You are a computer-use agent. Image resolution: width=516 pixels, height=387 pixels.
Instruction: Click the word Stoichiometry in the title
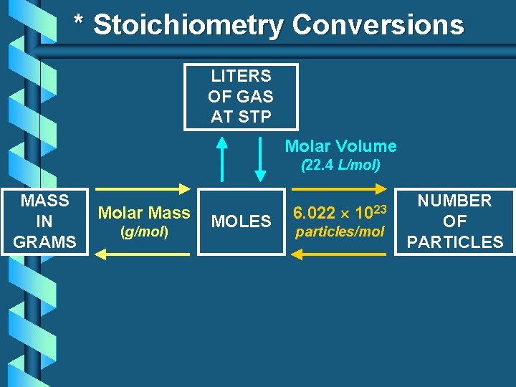[x=188, y=26]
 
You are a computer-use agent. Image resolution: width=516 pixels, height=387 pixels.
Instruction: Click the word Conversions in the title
[x=378, y=26]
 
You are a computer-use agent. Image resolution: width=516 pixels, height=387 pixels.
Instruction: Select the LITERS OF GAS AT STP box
[x=241, y=97]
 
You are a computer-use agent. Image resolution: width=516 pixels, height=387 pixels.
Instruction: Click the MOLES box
[x=242, y=221]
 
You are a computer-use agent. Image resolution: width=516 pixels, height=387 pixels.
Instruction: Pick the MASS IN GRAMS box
[x=44, y=221]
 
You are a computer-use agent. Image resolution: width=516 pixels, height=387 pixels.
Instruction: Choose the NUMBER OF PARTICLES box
[x=454, y=221]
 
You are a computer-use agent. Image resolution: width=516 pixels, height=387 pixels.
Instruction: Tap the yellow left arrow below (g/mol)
[x=144, y=252]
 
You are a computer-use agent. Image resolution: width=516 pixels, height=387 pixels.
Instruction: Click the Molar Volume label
[x=340, y=146]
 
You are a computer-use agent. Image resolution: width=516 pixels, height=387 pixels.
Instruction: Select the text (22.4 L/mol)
[x=340, y=165]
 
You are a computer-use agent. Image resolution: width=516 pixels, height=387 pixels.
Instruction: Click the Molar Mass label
[x=144, y=213]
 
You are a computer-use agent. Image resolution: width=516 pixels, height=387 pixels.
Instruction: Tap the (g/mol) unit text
[x=144, y=232]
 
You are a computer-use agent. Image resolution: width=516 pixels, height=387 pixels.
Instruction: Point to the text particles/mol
[x=340, y=232]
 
